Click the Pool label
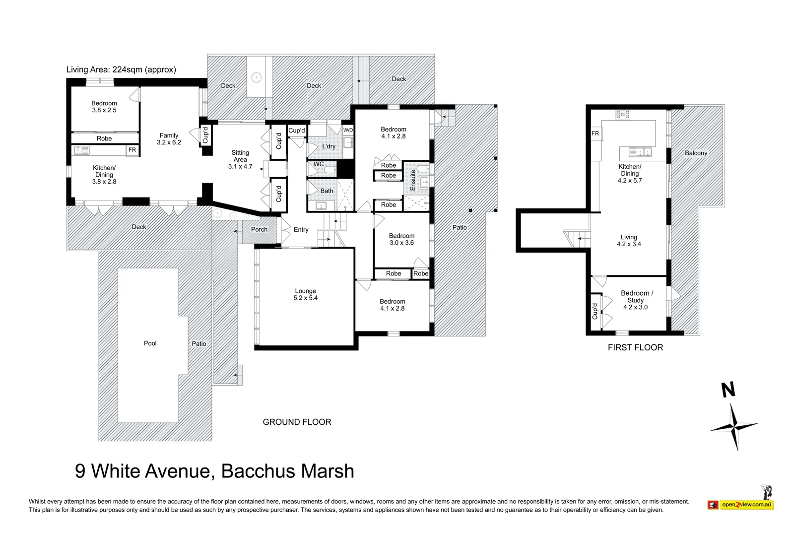pos(150,343)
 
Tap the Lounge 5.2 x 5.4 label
pos(305,294)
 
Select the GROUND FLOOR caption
pos(297,422)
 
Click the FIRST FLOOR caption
pos(635,347)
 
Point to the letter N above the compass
pos(728,390)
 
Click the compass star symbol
pos(734,426)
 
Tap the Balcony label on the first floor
pos(696,153)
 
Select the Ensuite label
pos(413,180)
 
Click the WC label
pos(319,164)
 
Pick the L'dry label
pos(329,146)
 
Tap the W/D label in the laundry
pos(348,131)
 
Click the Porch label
pos(259,229)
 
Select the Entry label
pos(301,230)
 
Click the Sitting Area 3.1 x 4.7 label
pos(240,160)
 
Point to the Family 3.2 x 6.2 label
pos(169,138)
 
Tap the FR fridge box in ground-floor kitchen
pos(132,150)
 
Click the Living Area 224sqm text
pos(121,69)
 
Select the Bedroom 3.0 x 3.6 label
pos(401,239)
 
